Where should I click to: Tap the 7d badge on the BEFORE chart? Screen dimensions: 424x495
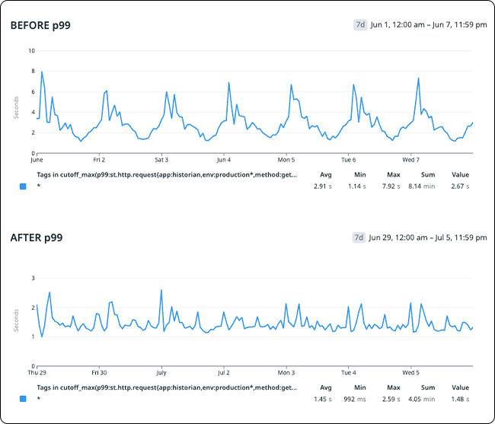(x=360, y=25)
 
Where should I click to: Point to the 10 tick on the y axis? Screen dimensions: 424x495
(x=31, y=51)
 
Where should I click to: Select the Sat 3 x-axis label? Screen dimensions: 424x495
(x=161, y=161)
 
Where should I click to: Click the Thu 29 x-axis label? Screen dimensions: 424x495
(x=37, y=374)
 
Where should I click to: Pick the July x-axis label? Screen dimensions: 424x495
(x=161, y=374)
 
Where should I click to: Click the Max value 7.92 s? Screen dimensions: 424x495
(x=393, y=186)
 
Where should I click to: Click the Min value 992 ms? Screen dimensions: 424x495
(x=355, y=399)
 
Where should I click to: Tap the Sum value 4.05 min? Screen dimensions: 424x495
(x=427, y=399)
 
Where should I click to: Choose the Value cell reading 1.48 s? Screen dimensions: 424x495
(x=460, y=399)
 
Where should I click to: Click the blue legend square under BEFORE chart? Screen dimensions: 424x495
(x=23, y=186)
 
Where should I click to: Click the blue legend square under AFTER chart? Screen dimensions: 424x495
(x=23, y=399)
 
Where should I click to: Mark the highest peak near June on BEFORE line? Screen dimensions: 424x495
(x=41, y=72)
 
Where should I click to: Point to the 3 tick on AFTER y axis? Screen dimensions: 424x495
(x=32, y=279)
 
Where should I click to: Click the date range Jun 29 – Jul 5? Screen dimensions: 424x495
(x=428, y=238)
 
